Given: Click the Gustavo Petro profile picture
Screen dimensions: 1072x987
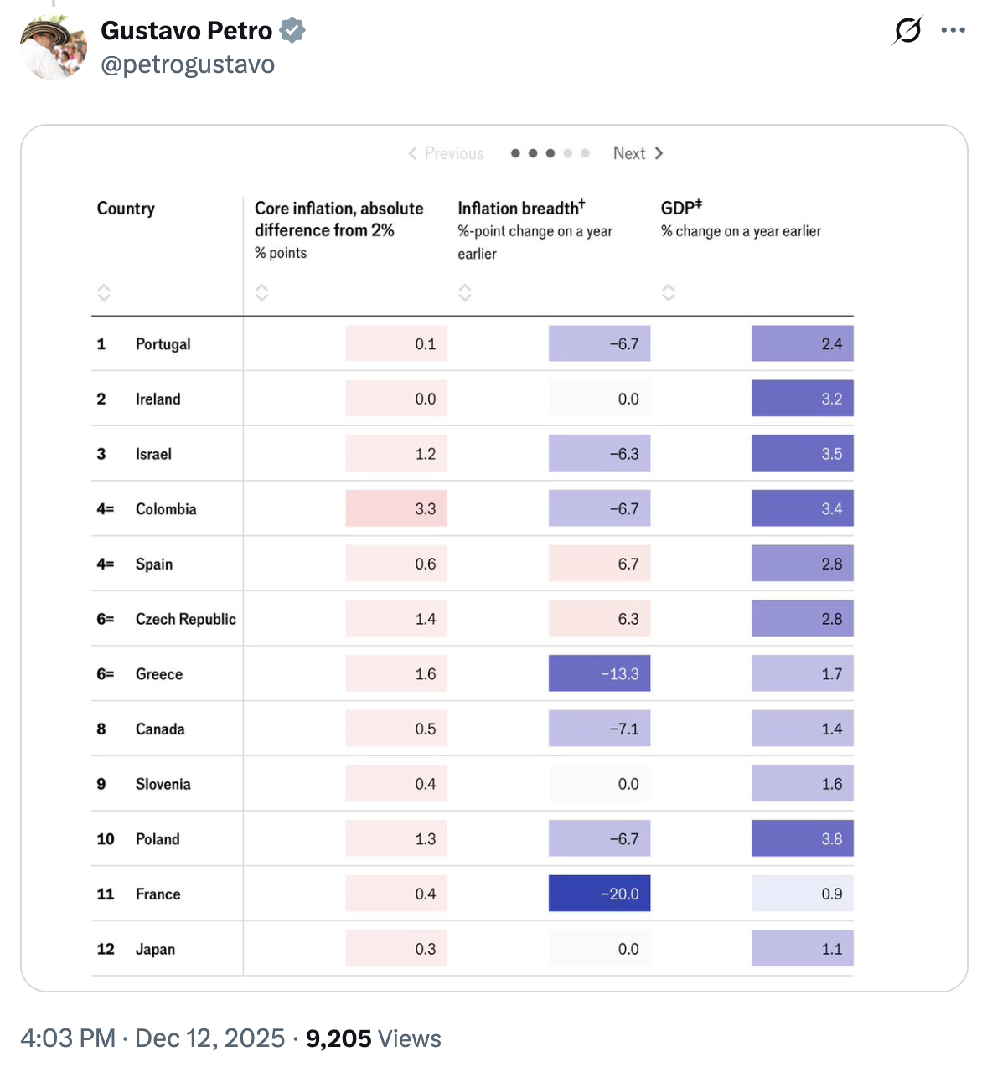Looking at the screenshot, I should pos(54,48).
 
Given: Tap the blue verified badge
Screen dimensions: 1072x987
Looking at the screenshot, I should pos(292,31).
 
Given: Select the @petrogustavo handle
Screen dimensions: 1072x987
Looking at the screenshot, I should pos(188,64).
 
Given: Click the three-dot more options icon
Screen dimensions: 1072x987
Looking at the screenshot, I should pos(953,31).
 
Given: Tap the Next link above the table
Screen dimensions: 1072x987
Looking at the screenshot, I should pos(638,153).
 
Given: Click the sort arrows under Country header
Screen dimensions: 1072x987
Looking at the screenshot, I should pos(104,292).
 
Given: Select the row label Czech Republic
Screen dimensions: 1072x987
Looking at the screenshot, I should pos(185,619).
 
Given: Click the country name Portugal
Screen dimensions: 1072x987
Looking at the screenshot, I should pos(163,344).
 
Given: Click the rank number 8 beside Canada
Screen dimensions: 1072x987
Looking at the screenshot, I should pos(101,729).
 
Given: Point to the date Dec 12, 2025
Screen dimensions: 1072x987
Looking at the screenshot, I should pos(209,1038).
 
